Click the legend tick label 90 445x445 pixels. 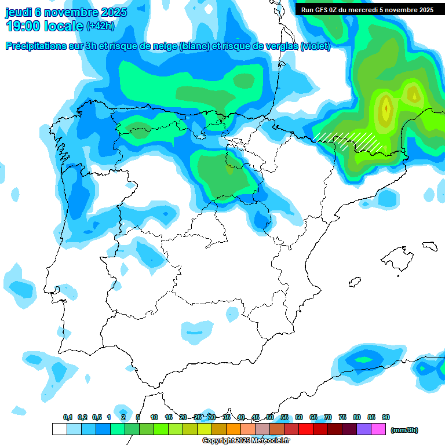pyautogui.click(x=386, y=417)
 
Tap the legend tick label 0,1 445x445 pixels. pyautogui.click(x=68, y=417)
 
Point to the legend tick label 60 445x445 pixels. pyautogui.click(x=299, y=417)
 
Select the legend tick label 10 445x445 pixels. pyautogui.click(x=154, y=417)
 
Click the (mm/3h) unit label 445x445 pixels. pyautogui.click(x=404, y=430)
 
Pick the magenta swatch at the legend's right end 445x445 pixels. pyautogui.click(x=378, y=429)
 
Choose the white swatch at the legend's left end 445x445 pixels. pyautogui.click(x=59, y=429)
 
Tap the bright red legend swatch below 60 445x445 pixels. pyautogui.click(x=306, y=429)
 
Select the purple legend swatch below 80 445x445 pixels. pyautogui.click(x=364, y=429)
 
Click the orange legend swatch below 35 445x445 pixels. pyautogui.click(x=234, y=429)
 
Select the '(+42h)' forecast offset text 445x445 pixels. pyautogui.click(x=100, y=26)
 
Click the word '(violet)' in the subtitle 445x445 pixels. pyautogui.click(x=315, y=46)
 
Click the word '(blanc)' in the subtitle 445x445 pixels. pyautogui.click(x=195, y=46)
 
